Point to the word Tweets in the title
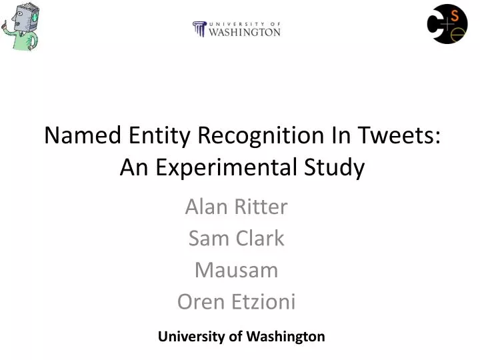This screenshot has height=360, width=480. click(402, 135)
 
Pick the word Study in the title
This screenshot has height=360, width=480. click(340, 167)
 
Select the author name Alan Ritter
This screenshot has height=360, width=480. click(236, 207)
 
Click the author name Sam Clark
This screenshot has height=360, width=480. click(236, 238)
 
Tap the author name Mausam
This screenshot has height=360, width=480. click(236, 270)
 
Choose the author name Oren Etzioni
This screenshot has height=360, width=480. click(236, 302)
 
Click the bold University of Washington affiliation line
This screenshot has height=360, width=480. click(241, 337)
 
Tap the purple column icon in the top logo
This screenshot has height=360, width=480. click(199, 29)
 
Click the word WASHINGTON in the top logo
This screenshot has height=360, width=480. click(245, 32)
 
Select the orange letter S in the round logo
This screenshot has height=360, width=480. click(455, 15)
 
